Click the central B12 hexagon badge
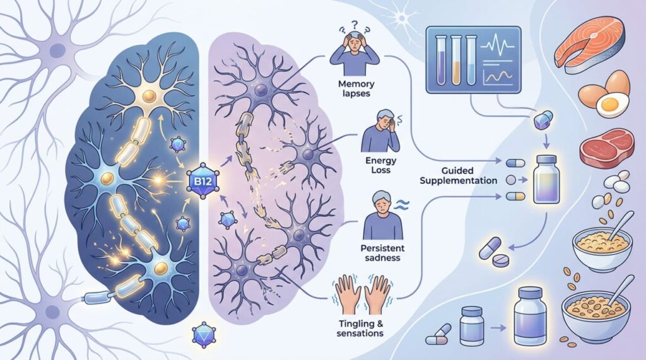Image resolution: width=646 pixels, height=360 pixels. click(x=202, y=180)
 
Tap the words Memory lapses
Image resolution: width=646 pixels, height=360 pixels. click(x=356, y=88)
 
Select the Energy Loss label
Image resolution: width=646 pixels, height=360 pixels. click(x=380, y=165)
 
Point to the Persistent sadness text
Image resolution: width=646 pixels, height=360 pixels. click(x=382, y=253)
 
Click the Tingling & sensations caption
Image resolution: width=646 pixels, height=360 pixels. click(x=360, y=328)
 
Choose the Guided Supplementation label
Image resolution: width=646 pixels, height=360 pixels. click(x=458, y=175)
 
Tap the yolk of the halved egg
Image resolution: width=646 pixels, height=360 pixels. click(x=609, y=104)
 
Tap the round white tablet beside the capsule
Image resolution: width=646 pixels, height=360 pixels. click(x=501, y=261)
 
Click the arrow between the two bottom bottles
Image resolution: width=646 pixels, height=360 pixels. click(x=498, y=328)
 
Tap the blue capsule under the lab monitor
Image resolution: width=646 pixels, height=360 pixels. click(x=543, y=120)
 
